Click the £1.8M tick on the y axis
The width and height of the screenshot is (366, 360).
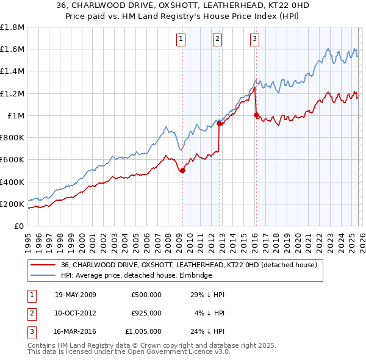[x=13, y=27]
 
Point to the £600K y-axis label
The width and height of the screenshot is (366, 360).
[x=13, y=160]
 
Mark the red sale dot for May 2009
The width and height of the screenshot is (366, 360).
[x=182, y=171]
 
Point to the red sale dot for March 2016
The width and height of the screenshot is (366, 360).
[x=256, y=115]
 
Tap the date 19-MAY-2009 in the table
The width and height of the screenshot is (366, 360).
[x=76, y=295]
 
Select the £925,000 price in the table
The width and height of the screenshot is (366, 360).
[x=146, y=313]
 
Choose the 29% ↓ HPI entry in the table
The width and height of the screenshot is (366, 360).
[x=208, y=295]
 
